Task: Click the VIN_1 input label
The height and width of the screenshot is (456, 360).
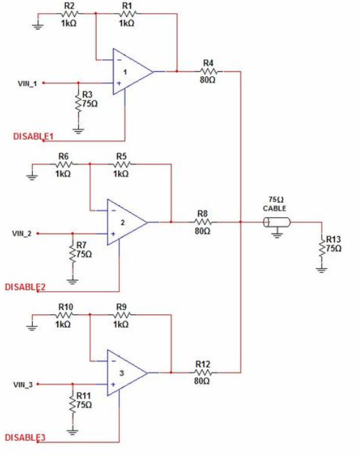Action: coord(27,84)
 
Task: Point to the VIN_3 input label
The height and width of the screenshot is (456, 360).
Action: coord(23,385)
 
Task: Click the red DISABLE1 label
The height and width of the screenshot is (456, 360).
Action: coord(33,136)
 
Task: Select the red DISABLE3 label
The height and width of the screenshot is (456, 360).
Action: coord(25,437)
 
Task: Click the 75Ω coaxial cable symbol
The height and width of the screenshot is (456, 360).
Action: coord(277,222)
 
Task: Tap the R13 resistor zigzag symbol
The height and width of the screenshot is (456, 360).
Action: coord(322,247)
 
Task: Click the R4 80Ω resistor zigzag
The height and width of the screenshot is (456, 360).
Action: coord(209,71)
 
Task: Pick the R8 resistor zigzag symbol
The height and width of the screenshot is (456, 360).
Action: coord(203,222)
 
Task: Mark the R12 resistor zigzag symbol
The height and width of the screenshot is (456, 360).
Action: coord(203,372)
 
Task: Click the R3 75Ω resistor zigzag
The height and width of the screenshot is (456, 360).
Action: coord(78,101)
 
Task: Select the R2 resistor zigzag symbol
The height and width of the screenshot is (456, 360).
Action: coord(70,14)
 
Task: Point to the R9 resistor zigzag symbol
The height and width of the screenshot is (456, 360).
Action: coord(121,314)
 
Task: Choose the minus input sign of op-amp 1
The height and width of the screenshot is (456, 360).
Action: coord(119,60)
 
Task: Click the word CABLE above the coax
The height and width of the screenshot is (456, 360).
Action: coord(275,209)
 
